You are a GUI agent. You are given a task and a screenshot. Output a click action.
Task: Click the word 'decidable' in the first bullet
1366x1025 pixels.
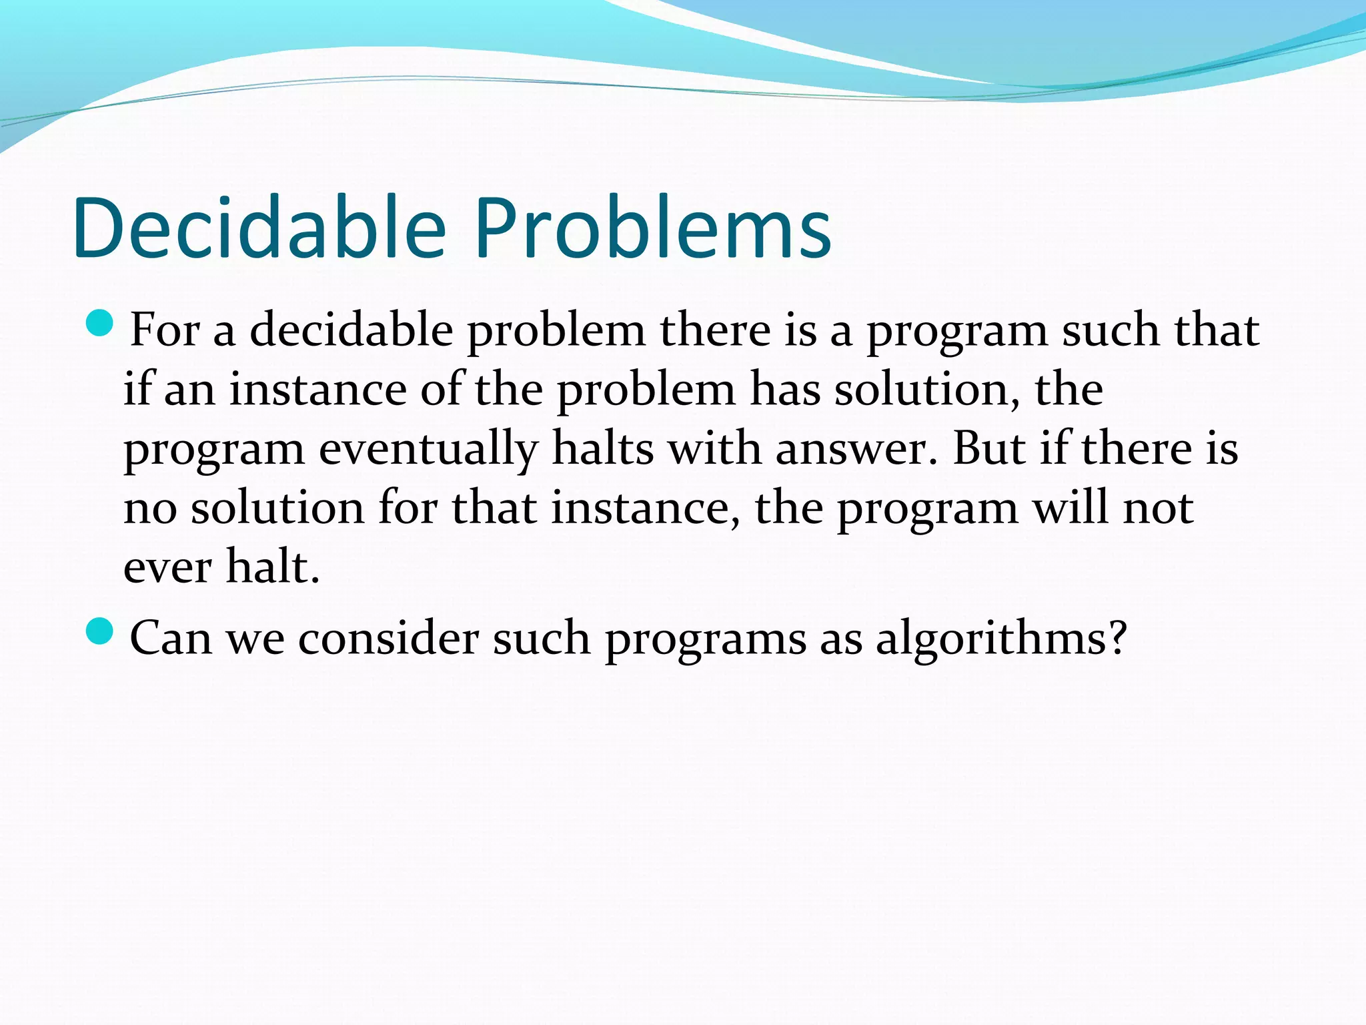coord(351,330)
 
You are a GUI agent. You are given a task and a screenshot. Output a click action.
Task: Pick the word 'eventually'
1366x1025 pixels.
coord(428,448)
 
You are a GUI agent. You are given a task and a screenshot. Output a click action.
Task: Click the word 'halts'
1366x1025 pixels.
coord(603,448)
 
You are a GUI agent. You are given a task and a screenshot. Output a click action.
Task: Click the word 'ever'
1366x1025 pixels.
coord(167,567)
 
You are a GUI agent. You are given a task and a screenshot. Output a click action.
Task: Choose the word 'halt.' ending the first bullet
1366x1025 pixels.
coord(273,567)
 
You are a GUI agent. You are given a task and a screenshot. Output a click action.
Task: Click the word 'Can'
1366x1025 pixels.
coord(170,638)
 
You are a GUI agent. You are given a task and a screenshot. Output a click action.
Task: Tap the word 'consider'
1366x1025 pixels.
coord(388,638)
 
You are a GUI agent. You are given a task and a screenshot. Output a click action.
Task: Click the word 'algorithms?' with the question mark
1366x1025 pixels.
coord(1000,638)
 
